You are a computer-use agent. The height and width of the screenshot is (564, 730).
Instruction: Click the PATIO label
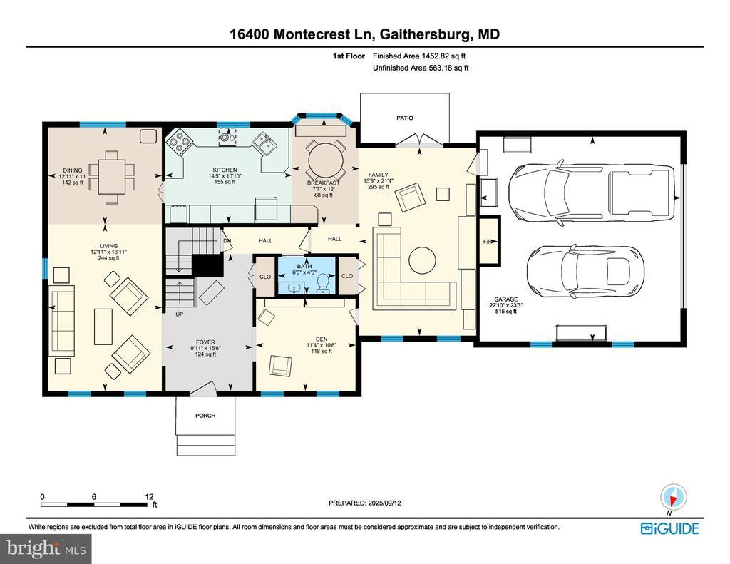(x=405, y=118)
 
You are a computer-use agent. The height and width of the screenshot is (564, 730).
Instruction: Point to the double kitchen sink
(x=264, y=143)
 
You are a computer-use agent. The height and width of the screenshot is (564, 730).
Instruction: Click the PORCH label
(x=205, y=416)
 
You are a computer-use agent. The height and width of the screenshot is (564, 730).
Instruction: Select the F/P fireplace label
(x=488, y=242)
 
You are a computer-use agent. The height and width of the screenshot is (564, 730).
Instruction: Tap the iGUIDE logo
(x=669, y=528)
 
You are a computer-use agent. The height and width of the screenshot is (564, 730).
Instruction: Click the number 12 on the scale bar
(x=149, y=497)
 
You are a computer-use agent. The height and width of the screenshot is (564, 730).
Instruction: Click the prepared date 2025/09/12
(x=384, y=503)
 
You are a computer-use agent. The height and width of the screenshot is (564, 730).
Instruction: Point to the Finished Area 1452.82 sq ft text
(x=419, y=56)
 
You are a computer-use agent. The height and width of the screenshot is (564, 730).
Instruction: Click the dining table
(x=112, y=177)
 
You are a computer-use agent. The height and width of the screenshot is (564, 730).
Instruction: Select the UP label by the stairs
(x=179, y=314)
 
